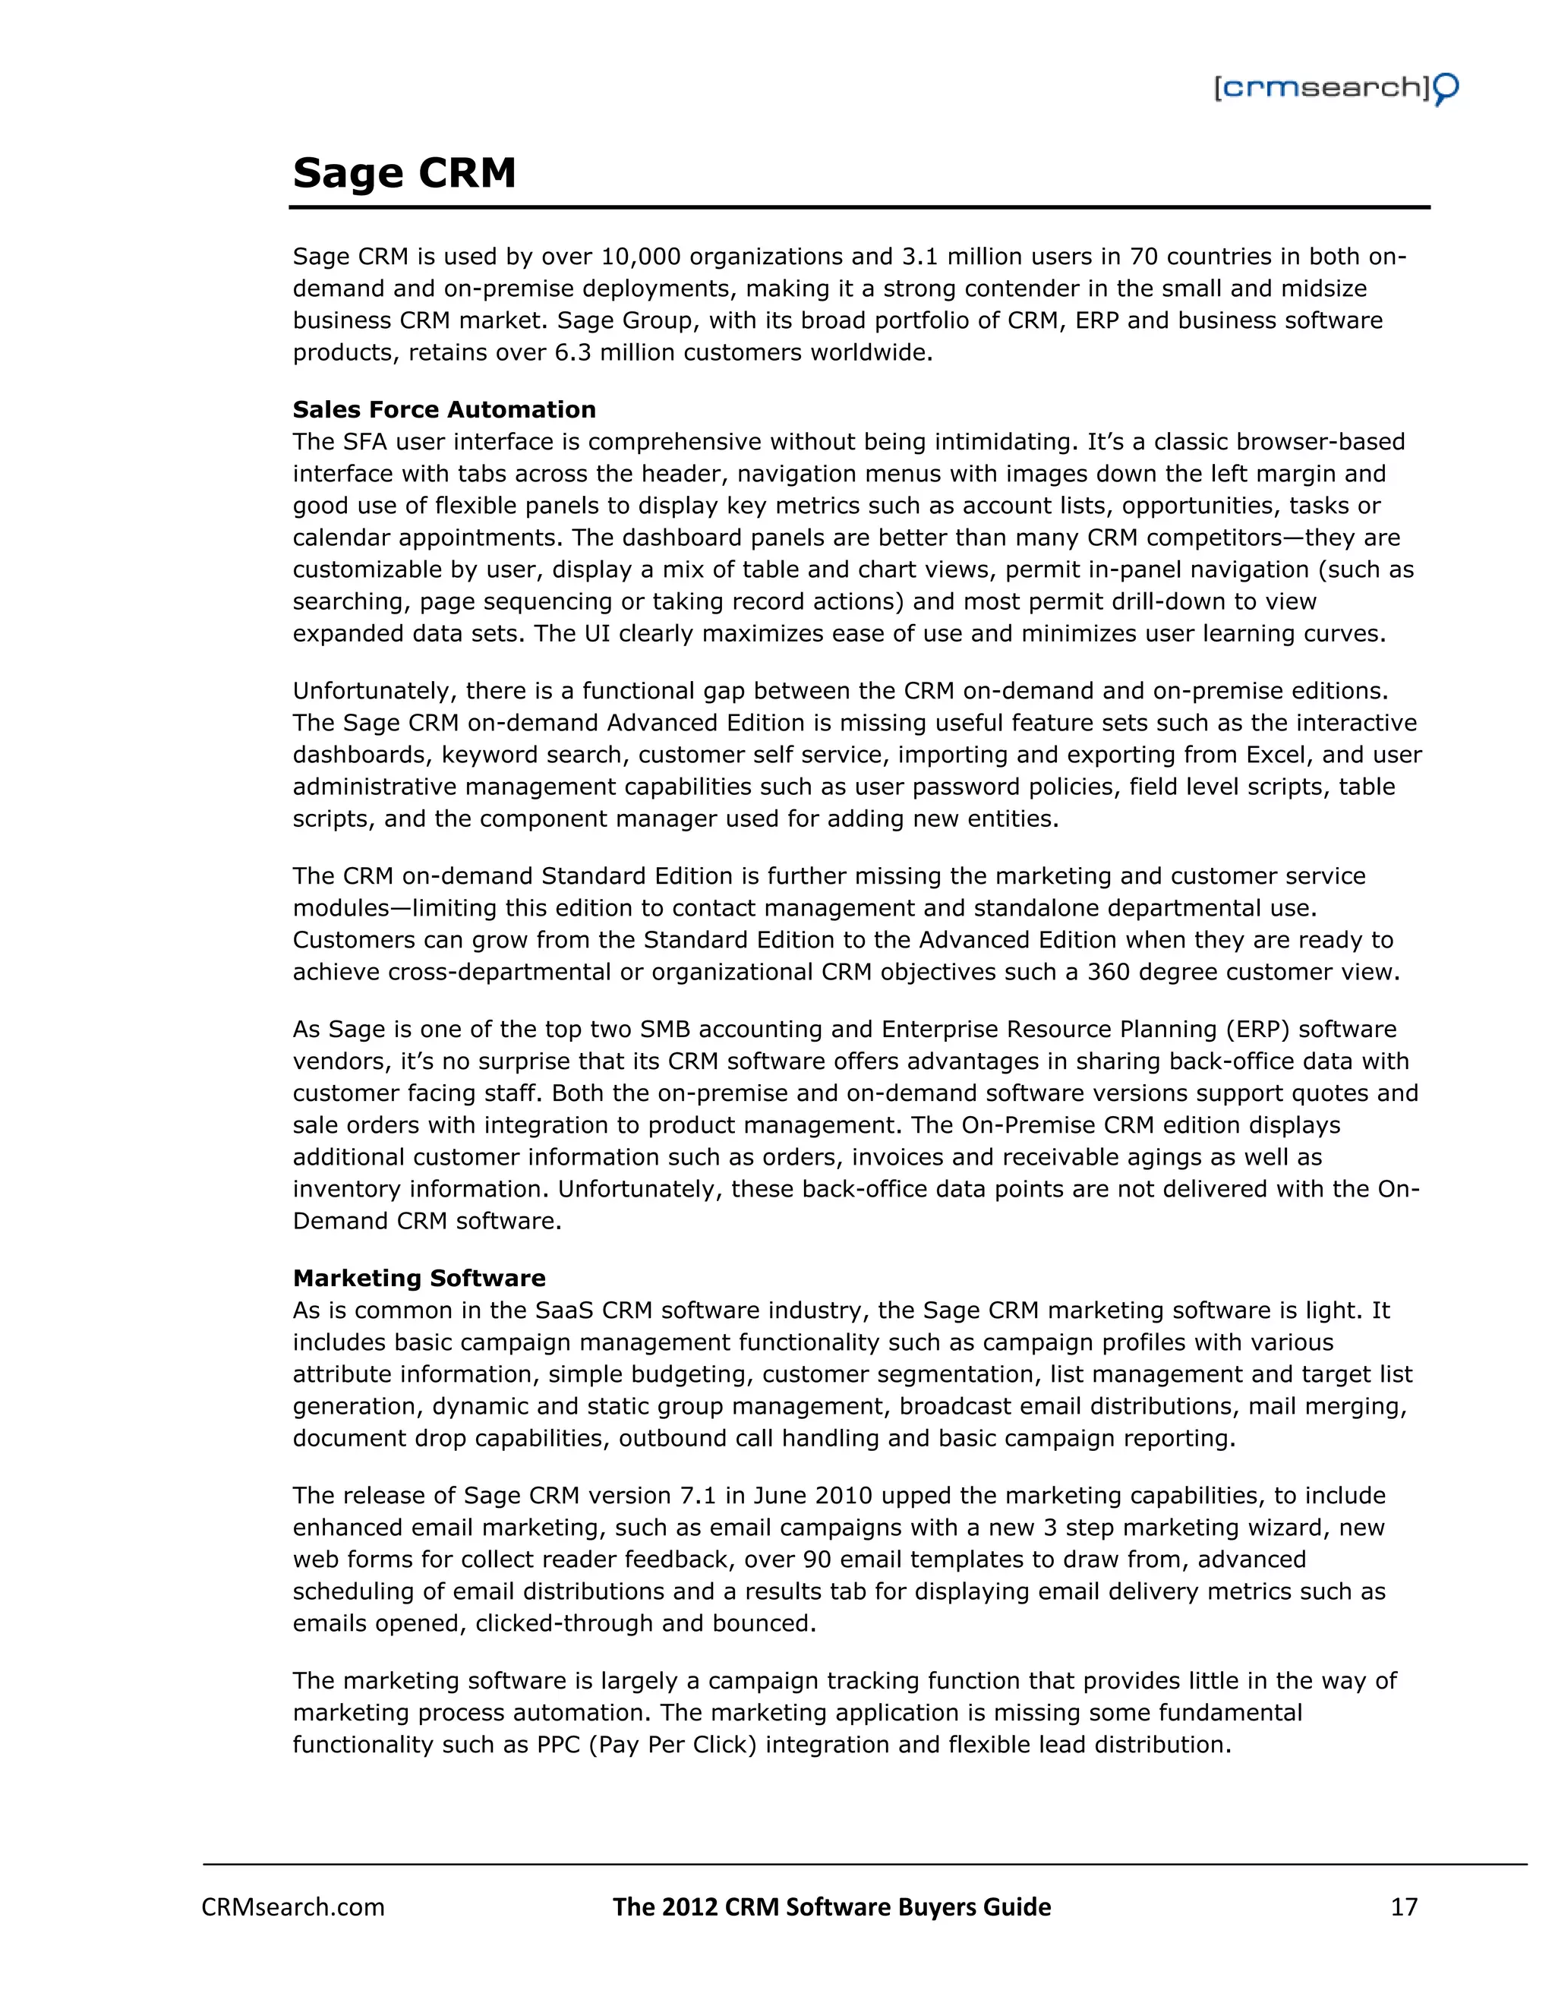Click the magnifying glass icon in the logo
[1446, 90]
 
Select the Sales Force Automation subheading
[444, 409]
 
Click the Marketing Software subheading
[419, 1278]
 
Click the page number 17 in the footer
[1403, 1907]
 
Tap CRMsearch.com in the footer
[293, 1907]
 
